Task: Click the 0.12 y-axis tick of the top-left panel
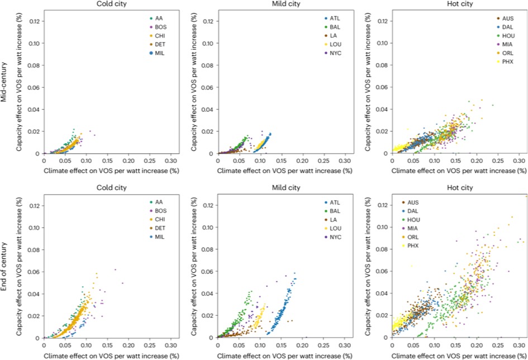pos(35,21)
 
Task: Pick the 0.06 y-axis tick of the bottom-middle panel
pos(209,272)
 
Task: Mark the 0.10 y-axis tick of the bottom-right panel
pos(383,228)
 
